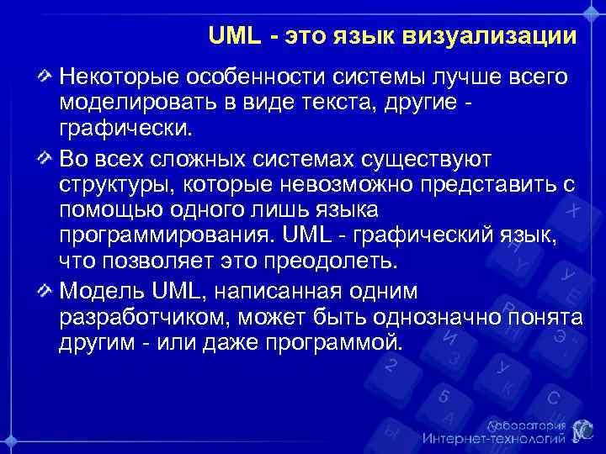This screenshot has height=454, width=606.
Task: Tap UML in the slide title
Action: click(x=230, y=37)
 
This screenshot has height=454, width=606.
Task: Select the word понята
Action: click(x=548, y=318)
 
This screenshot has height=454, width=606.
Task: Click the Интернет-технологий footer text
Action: click(x=492, y=438)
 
